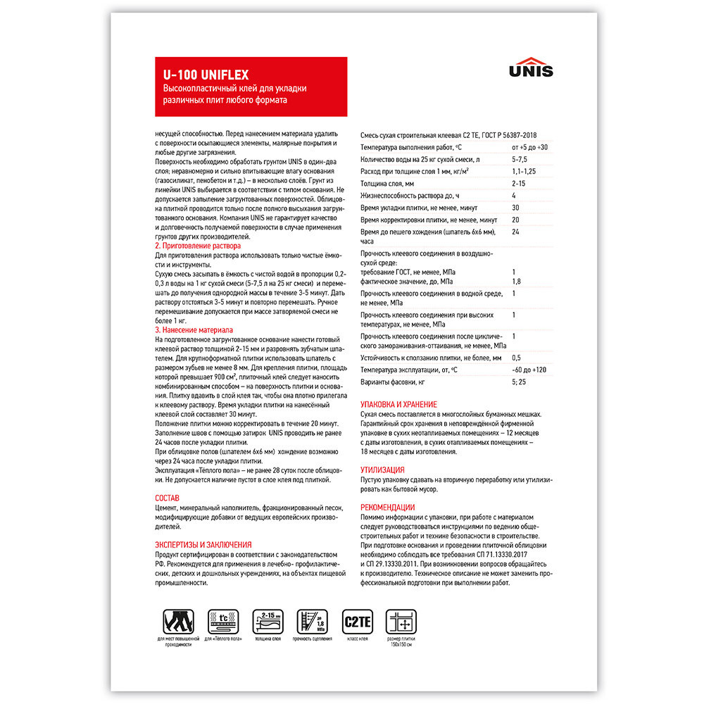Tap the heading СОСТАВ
click(168, 498)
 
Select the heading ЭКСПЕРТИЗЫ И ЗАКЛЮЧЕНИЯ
click(203, 545)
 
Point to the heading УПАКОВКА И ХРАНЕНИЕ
click(398, 405)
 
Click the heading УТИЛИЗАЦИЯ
click(382, 469)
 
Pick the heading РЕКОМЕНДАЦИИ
click(388, 507)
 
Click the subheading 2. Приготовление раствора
click(197, 246)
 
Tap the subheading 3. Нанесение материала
click(194, 329)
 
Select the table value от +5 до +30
click(529, 147)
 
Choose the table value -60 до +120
click(529, 370)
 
